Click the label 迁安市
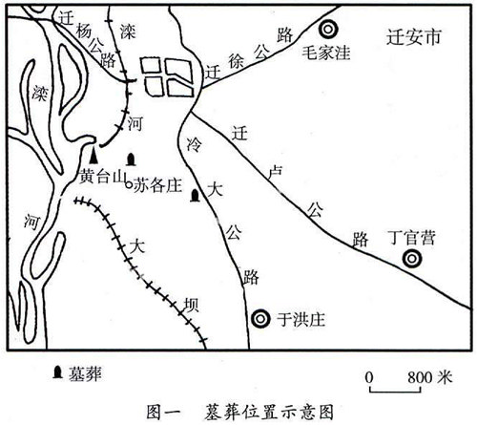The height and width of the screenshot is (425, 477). [x=414, y=37]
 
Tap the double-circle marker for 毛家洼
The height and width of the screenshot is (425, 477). [x=328, y=30]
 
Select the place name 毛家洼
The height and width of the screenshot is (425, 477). [x=326, y=53]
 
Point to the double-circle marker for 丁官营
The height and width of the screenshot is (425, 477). [x=412, y=259]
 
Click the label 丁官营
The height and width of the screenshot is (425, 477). [x=412, y=238]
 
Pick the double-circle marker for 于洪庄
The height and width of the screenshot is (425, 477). [x=260, y=319]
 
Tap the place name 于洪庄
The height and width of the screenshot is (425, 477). [x=301, y=319]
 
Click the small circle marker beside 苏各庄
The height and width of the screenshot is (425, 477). [x=129, y=184]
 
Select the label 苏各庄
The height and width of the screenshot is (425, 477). [x=157, y=185]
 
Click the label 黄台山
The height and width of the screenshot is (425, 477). [x=103, y=176]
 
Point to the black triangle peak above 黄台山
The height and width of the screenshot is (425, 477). [x=93, y=156]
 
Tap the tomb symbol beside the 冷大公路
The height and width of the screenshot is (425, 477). [x=195, y=196]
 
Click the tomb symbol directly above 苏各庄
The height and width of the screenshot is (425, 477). [x=131, y=159]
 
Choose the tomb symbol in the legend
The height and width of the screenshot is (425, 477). [x=57, y=372]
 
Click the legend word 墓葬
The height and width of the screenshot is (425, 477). [x=85, y=373]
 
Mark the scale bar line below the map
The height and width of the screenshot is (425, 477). [x=395, y=389]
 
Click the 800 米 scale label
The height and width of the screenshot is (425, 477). [x=430, y=377]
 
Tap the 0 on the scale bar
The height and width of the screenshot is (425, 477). [x=369, y=377]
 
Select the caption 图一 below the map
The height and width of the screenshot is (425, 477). [x=163, y=412]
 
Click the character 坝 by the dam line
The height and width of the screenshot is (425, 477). [x=192, y=305]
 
